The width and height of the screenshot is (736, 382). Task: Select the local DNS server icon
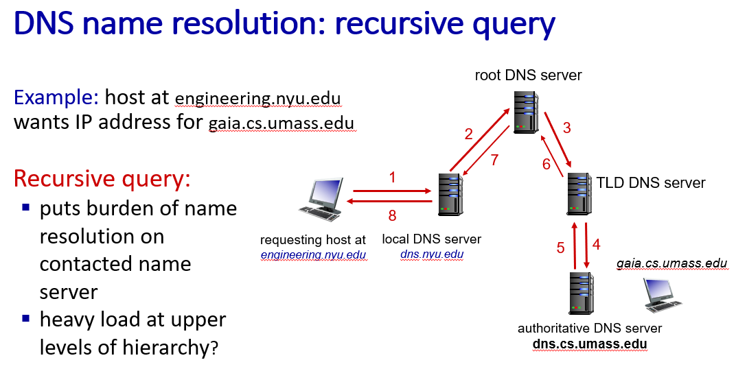[449, 195]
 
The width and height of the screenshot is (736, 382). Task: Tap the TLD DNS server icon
[578, 194]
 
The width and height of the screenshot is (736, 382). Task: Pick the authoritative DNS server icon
[582, 293]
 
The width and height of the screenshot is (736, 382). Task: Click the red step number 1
[392, 178]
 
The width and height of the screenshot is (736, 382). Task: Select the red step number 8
[392, 215]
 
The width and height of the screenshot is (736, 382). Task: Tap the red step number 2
[469, 134]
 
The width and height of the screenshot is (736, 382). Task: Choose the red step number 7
[494, 160]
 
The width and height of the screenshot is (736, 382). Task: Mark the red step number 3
[566, 127]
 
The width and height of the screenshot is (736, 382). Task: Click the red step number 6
[547, 164]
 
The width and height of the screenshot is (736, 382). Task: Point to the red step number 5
[560, 247]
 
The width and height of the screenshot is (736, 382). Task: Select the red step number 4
[596, 243]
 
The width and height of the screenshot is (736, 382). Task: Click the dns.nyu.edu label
[431, 254]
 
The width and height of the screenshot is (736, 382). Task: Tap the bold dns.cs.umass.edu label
[590, 343]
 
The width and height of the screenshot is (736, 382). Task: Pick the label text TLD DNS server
[651, 183]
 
